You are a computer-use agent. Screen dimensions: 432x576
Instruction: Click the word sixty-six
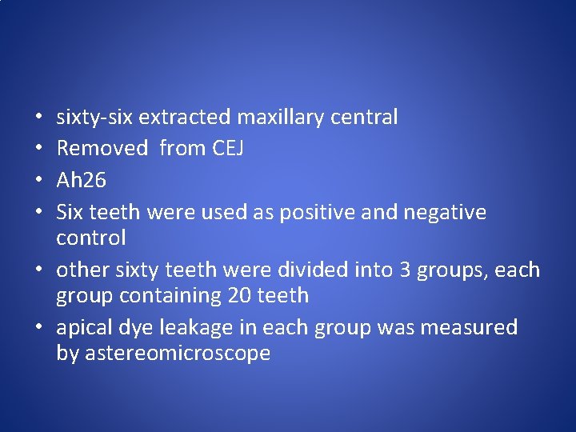pos(94,118)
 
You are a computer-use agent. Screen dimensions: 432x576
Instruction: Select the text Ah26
pos(81,181)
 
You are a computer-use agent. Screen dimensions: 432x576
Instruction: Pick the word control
pos(91,238)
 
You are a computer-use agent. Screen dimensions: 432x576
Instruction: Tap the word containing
pos(170,296)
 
